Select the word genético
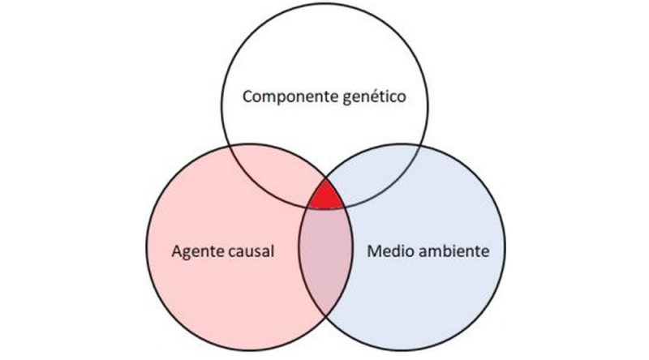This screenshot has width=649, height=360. click(x=373, y=99)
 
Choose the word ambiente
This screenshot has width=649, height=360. click(x=454, y=251)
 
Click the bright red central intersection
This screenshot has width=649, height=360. click(x=325, y=197)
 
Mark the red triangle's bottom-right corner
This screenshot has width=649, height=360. click(x=348, y=208)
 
